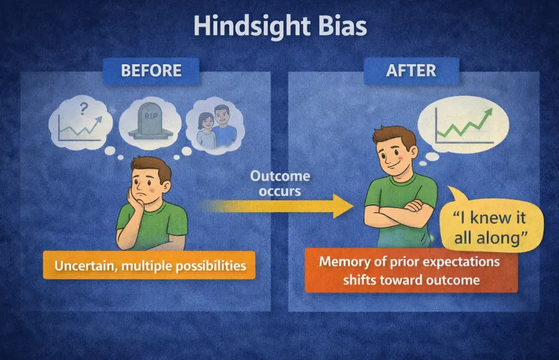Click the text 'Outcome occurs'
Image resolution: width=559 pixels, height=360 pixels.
coord(281,182)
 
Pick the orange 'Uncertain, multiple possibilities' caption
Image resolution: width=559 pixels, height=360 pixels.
coord(149,266)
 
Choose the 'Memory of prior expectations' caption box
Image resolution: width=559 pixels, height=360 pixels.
coord(410,269)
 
